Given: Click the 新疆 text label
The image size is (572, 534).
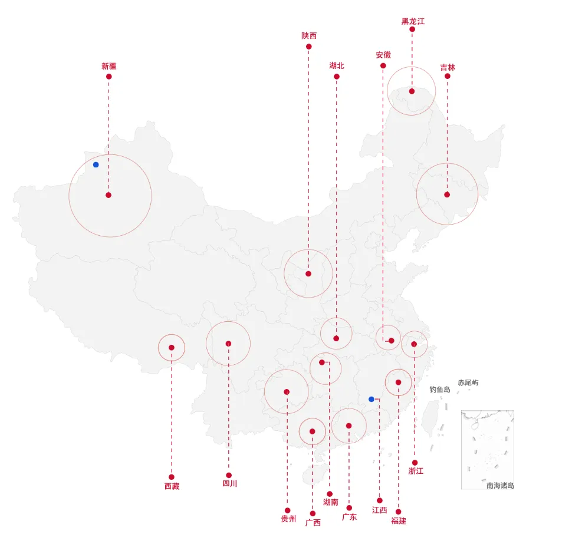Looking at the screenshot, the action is (109, 66).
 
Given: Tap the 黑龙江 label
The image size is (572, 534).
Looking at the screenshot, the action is (413, 21).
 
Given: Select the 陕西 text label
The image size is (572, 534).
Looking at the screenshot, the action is (308, 36).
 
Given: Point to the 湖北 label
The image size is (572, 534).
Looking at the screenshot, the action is (337, 65).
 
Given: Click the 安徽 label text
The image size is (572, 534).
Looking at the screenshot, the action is (383, 55).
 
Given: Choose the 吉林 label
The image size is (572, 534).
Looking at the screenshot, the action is (448, 67).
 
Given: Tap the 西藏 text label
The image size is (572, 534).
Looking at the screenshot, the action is (172, 486).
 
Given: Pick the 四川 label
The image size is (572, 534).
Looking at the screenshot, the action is (229, 484).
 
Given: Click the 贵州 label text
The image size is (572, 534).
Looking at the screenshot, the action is (288, 519).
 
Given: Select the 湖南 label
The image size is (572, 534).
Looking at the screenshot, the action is (330, 502).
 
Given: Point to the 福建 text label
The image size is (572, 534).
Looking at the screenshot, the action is (398, 520).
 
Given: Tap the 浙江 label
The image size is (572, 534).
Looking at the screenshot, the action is (416, 470).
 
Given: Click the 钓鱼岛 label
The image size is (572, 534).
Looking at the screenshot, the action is (440, 389).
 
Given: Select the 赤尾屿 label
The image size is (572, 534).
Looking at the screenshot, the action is (468, 383).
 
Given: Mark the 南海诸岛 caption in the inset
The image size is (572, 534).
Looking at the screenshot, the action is (500, 485).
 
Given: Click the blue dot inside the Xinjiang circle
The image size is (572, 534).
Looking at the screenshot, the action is (96, 164).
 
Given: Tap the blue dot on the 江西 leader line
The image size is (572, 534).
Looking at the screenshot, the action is (372, 399).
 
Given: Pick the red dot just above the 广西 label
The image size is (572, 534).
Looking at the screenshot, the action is (313, 513).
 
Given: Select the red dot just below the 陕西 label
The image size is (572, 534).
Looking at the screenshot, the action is (308, 46).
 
